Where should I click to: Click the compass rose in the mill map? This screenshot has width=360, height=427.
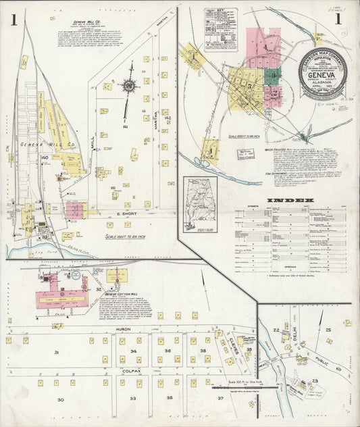(127, 86)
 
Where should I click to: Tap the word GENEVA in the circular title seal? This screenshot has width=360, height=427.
(322, 76)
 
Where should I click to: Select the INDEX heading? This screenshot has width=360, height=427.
(290, 201)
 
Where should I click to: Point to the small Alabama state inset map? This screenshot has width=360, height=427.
(201, 203)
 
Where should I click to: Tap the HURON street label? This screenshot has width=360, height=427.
(122, 328)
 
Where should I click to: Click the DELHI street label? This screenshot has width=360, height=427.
(294, 334)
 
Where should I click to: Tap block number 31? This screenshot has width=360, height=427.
(57, 353)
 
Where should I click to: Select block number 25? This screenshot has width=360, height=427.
(328, 330)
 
